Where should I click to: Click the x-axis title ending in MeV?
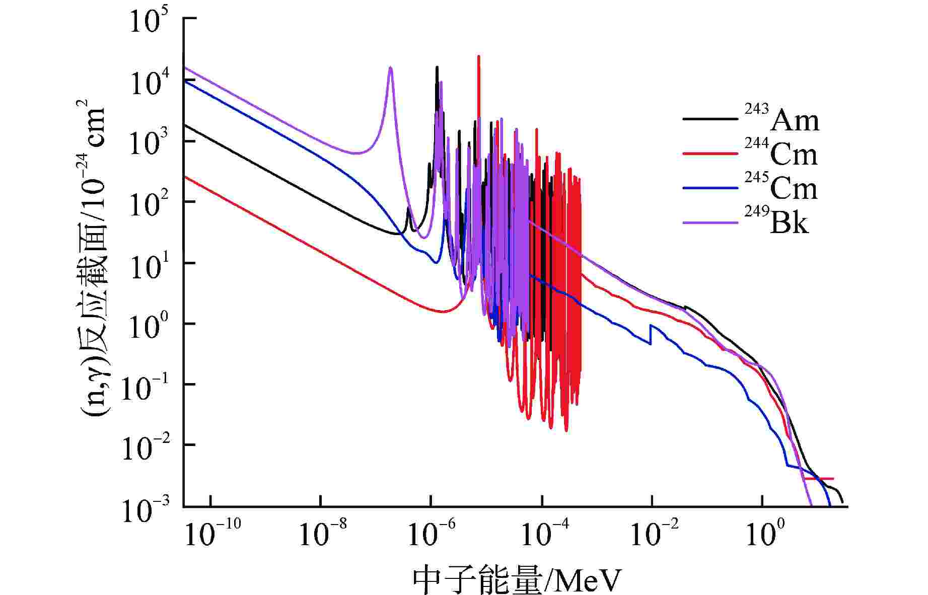pos(516,580)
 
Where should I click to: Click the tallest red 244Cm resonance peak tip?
pos(478,57)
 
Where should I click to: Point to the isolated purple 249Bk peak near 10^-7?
pos(390,68)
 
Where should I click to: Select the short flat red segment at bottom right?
pos(818,479)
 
